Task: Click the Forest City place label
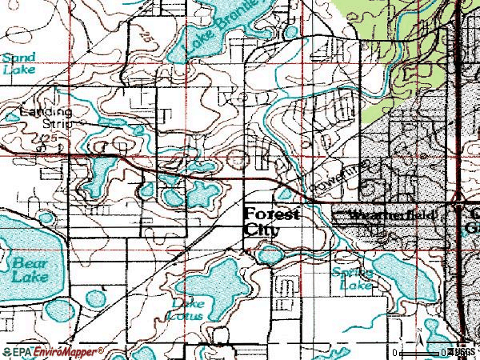pyautogui.click(x=271, y=222)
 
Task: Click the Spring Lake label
pyautogui.click(x=353, y=278)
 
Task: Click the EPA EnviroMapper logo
pyautogui.click(x=53, y=351)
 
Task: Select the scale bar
pyautogui.click(x=424, y=352)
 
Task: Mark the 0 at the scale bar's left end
pyautogui.click(x=396, y=352)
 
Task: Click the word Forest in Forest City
pyautogui.click(x=271, y=214)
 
